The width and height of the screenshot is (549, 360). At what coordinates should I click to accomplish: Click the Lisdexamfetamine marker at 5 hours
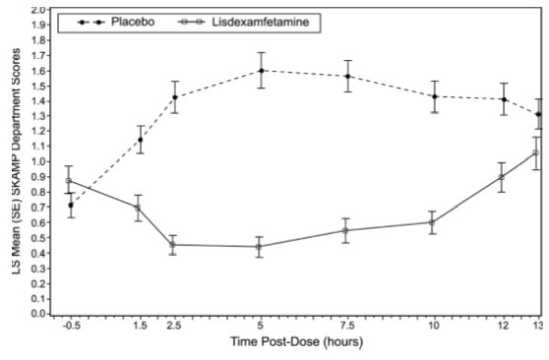(260, 247)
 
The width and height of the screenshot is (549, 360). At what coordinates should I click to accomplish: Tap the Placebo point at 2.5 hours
(174, 97)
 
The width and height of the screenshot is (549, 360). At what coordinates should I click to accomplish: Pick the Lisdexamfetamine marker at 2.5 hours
(172, 245)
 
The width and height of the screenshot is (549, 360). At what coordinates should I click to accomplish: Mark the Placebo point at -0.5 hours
(70, 206)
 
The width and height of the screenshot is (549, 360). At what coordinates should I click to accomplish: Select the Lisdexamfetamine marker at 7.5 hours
(345, 230)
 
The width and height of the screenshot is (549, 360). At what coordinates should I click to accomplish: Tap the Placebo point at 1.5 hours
(140, 140)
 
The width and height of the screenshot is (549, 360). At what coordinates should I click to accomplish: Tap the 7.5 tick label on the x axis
(346, 326)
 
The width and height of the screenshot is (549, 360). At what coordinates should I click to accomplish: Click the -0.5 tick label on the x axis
(69, 326)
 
